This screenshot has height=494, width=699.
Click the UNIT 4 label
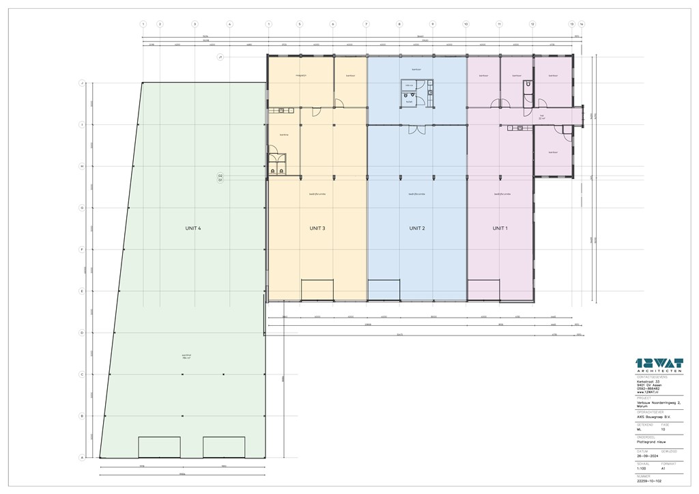coord(192,228)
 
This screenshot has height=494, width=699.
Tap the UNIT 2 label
coord(417,228)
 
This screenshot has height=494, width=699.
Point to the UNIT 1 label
coord(500,228)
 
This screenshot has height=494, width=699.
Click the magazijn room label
coord(300,75)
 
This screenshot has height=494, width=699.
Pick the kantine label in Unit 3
coord(284,135)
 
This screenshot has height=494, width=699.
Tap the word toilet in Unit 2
coord(409,101)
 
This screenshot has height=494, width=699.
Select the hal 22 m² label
coord(542,116)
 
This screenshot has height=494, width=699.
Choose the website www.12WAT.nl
coord(647,393)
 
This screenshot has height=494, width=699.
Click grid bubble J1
coord(220,57)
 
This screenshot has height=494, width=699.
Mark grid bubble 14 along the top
coord(582,24)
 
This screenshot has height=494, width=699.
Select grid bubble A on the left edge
coord(82,458)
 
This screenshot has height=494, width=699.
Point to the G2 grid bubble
coord(220,176)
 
